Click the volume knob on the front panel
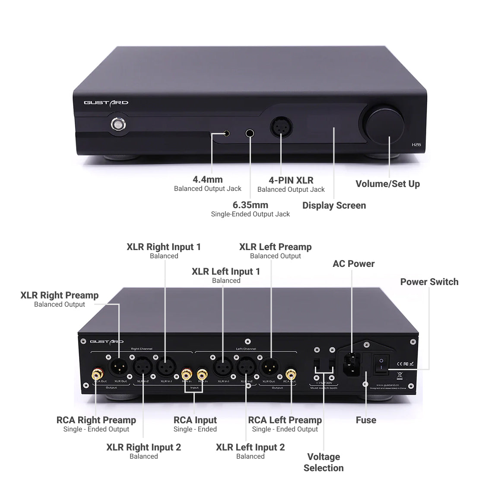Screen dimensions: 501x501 click(384, 124)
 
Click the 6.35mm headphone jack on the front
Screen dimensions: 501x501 click(250, 133)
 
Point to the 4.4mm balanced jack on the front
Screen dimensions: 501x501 click(226, 133)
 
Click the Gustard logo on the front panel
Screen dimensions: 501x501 click(106, 103)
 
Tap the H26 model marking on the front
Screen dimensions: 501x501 click(416, 145)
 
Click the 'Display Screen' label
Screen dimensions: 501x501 click(334, 206)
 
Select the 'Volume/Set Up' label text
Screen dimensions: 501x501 click(387, 184)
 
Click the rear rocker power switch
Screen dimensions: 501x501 click(381, 364)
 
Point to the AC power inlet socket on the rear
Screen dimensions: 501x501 click(352, 364)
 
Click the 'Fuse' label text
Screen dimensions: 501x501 click(366, 420)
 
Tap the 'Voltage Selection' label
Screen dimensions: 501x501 click(323, 462)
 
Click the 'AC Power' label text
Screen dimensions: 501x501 click(353, 264)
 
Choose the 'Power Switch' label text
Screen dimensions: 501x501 click(429, 282)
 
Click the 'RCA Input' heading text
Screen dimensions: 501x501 click(195, 420)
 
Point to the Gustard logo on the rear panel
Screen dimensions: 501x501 click(106, 342)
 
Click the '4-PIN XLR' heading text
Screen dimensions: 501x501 click(291, 181)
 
